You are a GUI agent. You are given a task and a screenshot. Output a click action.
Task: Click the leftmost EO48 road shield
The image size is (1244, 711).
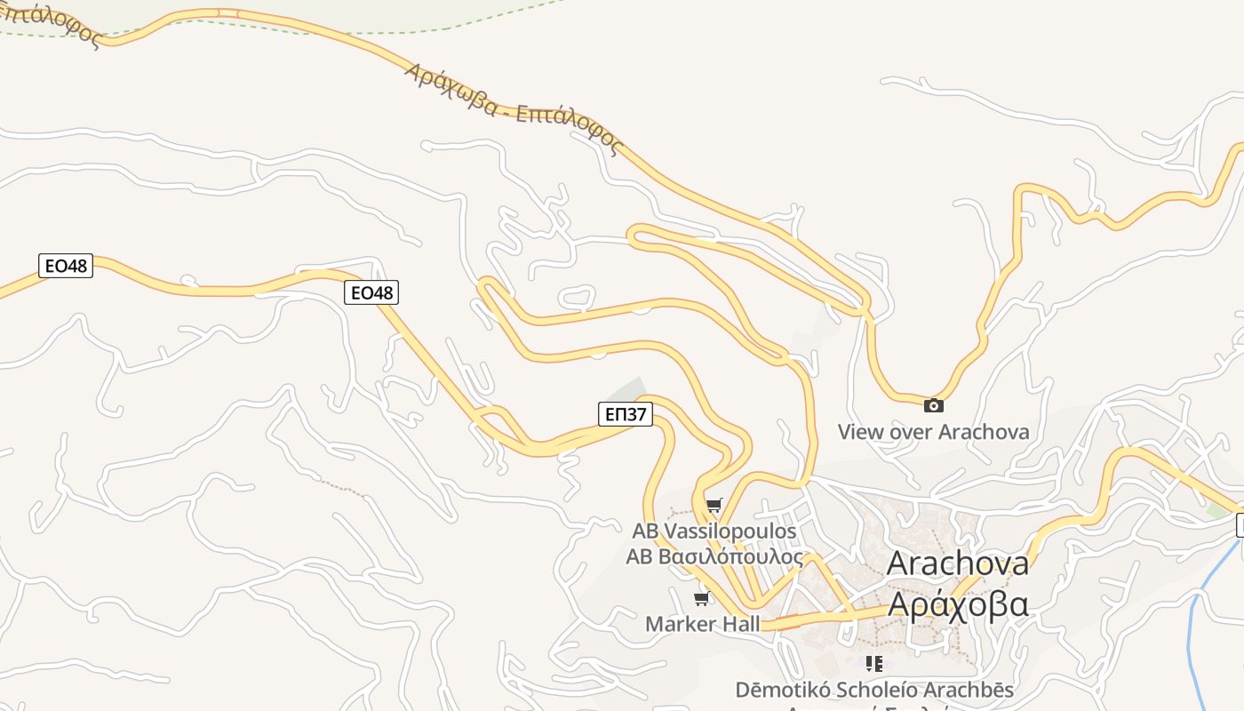(66, 265)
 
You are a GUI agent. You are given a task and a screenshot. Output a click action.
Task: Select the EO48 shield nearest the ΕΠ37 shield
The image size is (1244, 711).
(371, 292)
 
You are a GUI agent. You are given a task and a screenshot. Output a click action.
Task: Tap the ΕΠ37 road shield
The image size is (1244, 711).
(626, 413)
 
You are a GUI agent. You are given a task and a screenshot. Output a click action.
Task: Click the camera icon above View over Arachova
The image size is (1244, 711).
(933, 405)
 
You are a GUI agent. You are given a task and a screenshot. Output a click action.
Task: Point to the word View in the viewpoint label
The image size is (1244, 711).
(861, 432)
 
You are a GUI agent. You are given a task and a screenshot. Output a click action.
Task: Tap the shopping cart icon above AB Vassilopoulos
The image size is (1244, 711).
(714, 506)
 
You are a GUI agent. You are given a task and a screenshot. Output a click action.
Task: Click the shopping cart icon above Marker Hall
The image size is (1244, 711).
(702, 598)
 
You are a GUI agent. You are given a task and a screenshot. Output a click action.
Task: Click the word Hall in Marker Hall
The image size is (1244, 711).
(739, 624)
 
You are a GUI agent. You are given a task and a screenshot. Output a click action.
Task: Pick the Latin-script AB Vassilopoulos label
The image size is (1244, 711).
(714, 531)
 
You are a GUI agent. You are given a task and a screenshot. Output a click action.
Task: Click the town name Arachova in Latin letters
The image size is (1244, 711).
(958, 563)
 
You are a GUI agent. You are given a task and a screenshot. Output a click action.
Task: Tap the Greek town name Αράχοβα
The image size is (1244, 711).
(958, 604)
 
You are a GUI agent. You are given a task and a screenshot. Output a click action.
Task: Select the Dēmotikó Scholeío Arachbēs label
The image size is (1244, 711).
(873, 690)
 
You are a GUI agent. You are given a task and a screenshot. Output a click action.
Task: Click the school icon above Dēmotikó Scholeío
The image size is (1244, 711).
(874, 663)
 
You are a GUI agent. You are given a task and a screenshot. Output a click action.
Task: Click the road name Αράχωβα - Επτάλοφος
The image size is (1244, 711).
(512, 108)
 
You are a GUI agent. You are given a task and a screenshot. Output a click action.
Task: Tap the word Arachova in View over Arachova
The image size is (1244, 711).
(984, 432)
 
